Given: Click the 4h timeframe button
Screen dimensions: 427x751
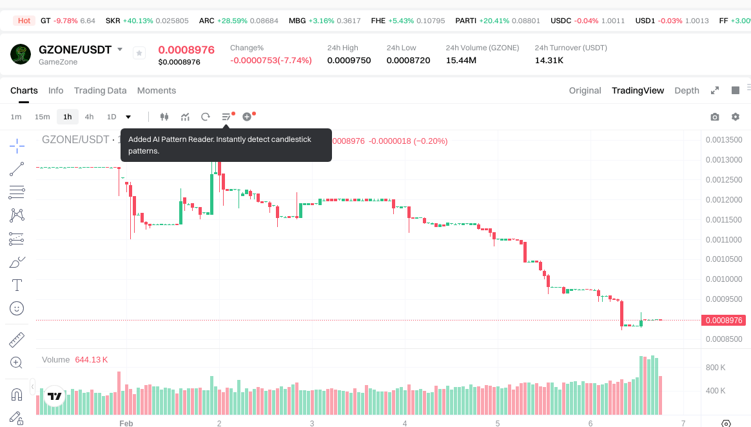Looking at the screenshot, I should tap(89, 117).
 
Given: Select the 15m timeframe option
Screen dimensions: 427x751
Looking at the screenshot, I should tap(42, 117).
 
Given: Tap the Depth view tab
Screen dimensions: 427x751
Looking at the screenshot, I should tap(687, 90).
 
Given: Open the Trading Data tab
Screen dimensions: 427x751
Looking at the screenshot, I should tap(100, 90).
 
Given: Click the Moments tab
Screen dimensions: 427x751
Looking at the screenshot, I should tap(157, 90).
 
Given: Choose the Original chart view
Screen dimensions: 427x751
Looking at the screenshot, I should tap(585, 90).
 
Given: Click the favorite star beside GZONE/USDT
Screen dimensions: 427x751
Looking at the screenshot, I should tap(139, 53).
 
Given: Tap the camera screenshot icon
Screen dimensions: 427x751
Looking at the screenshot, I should tap(715, 117).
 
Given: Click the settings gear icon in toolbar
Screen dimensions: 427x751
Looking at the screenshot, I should tap(736, 117).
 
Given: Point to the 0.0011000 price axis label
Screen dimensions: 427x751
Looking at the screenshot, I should tap(724, 240).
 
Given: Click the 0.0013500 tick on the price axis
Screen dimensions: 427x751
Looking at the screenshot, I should tap(724, 140).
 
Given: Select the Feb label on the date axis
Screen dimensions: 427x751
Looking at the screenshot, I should tap(126, 423).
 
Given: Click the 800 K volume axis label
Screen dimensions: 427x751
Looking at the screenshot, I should tap(716, 368).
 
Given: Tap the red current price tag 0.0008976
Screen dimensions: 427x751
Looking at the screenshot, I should tap(724, 320).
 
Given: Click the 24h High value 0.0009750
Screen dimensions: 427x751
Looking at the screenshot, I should tap(349, 61).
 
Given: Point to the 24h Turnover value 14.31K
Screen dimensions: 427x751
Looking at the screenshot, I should tap(549, 61).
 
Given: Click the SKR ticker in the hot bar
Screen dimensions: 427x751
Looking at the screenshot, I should tap(113, 21).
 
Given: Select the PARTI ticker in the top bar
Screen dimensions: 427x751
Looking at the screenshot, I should tap(465, 21).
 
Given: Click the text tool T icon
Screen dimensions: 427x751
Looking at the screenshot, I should tap(17, 285).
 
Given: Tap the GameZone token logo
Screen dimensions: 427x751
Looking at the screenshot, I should tap(21, 54).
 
